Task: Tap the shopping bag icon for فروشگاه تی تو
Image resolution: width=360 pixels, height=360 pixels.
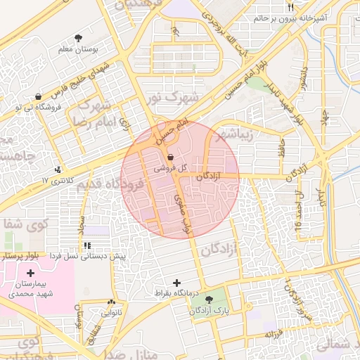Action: [38, 96]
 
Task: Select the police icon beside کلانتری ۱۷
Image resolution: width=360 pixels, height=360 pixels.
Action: [58, 169]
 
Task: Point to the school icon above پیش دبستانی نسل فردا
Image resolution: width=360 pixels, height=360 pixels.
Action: [87, 245]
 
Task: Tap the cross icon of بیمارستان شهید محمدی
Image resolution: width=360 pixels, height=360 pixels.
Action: [30, 272]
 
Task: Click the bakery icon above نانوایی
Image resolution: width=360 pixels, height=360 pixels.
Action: [111, 302]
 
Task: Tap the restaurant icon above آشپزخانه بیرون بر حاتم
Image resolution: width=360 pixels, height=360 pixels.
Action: [290, 7]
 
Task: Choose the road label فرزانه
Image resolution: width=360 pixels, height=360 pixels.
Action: [272, 333]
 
